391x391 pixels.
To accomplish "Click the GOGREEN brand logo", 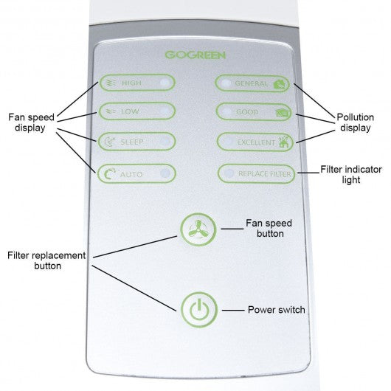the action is pos(195,55).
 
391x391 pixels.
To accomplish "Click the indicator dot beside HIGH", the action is pos(165,83).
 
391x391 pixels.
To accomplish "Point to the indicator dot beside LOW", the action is pos(165,111).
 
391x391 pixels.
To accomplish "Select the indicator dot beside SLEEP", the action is pos(165,142).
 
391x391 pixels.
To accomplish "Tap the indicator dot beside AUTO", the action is pos(165,173).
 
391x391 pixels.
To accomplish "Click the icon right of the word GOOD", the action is pos(283,113).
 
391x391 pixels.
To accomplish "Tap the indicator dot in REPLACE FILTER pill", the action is pos(229,173).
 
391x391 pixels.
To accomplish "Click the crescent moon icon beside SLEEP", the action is pos(110,142).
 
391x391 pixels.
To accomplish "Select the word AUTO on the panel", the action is pos(131,174).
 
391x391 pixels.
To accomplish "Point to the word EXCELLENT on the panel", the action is pos(255,142).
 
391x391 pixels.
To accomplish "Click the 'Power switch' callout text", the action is pos(277,310).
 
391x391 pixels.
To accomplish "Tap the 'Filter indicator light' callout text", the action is pos(351,175).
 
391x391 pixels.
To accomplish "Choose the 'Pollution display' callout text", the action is pos(355,122).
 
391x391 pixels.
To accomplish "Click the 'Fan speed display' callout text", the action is pos(31,122).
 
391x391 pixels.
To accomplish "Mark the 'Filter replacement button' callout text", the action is pos(46,260).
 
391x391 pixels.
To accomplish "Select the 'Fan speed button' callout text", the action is pos(269,229).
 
